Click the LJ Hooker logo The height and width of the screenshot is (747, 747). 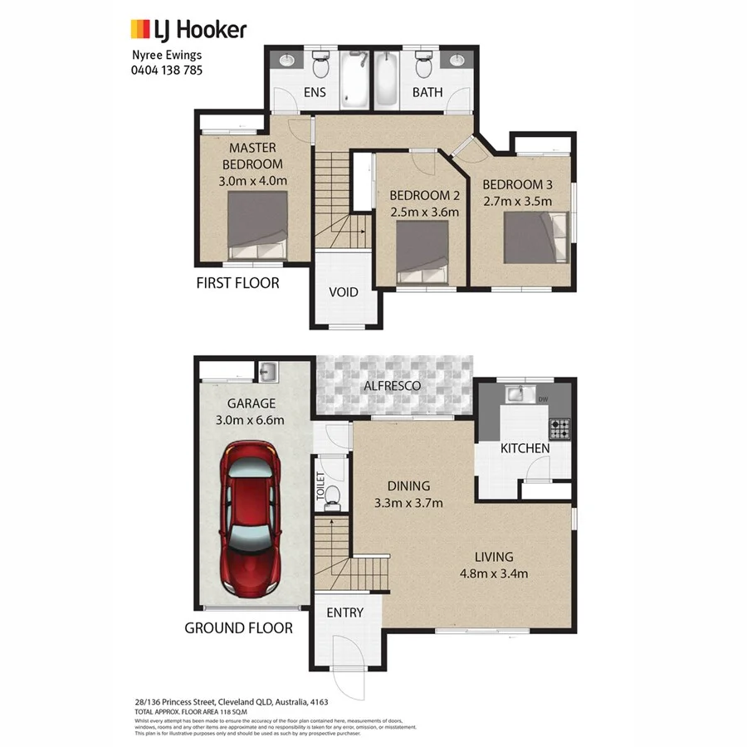[x=188, y=31]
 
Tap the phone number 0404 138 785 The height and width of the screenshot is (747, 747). [x=167, y=71]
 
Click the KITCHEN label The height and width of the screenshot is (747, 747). [x=525, y=448]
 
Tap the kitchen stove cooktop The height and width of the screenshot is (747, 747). [x=560, y=428]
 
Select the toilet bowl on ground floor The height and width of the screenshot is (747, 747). [x=331, y=496]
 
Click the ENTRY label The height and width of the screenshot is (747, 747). [x=344, y=613]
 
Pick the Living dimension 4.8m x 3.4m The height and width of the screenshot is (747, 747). [x=494, y=573]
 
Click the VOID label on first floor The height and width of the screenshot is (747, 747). [x=343, y=291]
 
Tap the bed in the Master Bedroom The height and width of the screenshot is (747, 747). [x=258, y=226]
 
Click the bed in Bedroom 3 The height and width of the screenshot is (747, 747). [x=536, y=237]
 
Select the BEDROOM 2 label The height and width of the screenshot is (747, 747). [x=424, y=195]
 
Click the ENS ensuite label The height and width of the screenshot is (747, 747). [x=315, y=92]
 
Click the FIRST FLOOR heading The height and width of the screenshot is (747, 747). [x=237, y=283]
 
